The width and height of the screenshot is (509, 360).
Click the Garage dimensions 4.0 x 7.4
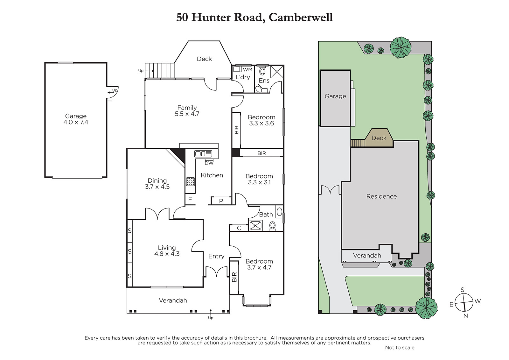(x=76, y=122)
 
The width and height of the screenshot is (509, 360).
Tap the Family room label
(x=187, y=108)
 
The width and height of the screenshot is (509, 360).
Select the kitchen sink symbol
(x=203, y=154)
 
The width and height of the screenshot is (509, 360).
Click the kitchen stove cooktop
(x=191, y=181)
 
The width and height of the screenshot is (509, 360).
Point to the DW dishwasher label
(x=209, y=163)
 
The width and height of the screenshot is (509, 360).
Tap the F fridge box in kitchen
(x=190, y=200)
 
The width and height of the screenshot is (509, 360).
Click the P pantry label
(x=221, y=201)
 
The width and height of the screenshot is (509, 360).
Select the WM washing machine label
(x=248, y=70)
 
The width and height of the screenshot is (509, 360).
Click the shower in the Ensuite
(x=277, y=72)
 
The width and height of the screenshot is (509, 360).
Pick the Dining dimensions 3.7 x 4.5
(x=157, y=187)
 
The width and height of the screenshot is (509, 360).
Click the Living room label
(x=167, y=248)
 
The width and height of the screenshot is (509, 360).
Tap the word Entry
(x=216, y=256)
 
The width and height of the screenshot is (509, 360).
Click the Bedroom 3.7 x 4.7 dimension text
(x=259, y=267)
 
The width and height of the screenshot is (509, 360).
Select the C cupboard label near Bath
(x=239, y=228)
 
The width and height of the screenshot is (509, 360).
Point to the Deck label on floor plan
(x=204, y=59)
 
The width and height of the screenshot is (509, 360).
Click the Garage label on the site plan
(x=335, y=96)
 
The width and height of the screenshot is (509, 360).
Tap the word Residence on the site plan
(x=381, y=196)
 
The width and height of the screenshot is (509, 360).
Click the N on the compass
(x=466, y=316)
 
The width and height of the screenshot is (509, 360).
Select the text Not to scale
(x=400, y=348)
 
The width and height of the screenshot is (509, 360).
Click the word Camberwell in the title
(x=301, y=17)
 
